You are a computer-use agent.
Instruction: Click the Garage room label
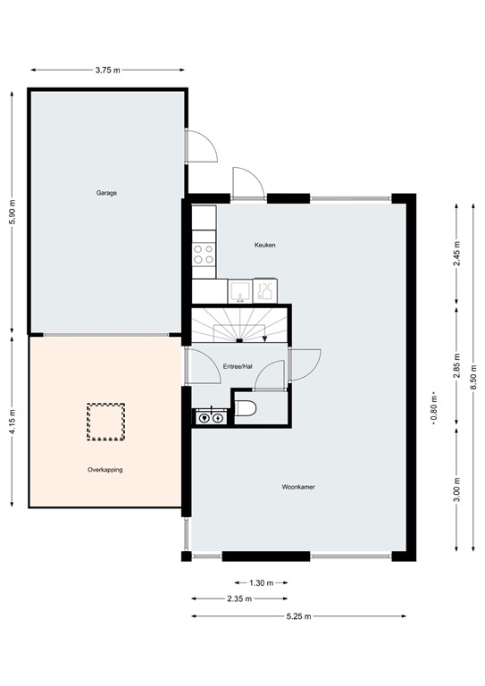[107, 193]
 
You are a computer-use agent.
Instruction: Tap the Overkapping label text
[105, 469]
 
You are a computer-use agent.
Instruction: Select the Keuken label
[264, 244]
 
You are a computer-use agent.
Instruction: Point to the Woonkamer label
[299, 488]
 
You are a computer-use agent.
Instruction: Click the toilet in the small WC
[248, 409]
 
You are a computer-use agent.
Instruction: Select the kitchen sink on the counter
[238, 289]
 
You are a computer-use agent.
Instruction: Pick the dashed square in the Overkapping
[105, 421]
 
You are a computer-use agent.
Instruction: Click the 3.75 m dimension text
[107, 69]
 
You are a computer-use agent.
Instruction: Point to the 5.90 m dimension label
[13, 211]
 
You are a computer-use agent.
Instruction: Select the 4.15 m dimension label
[13, 421]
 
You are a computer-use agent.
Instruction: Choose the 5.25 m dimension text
[298, 616]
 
